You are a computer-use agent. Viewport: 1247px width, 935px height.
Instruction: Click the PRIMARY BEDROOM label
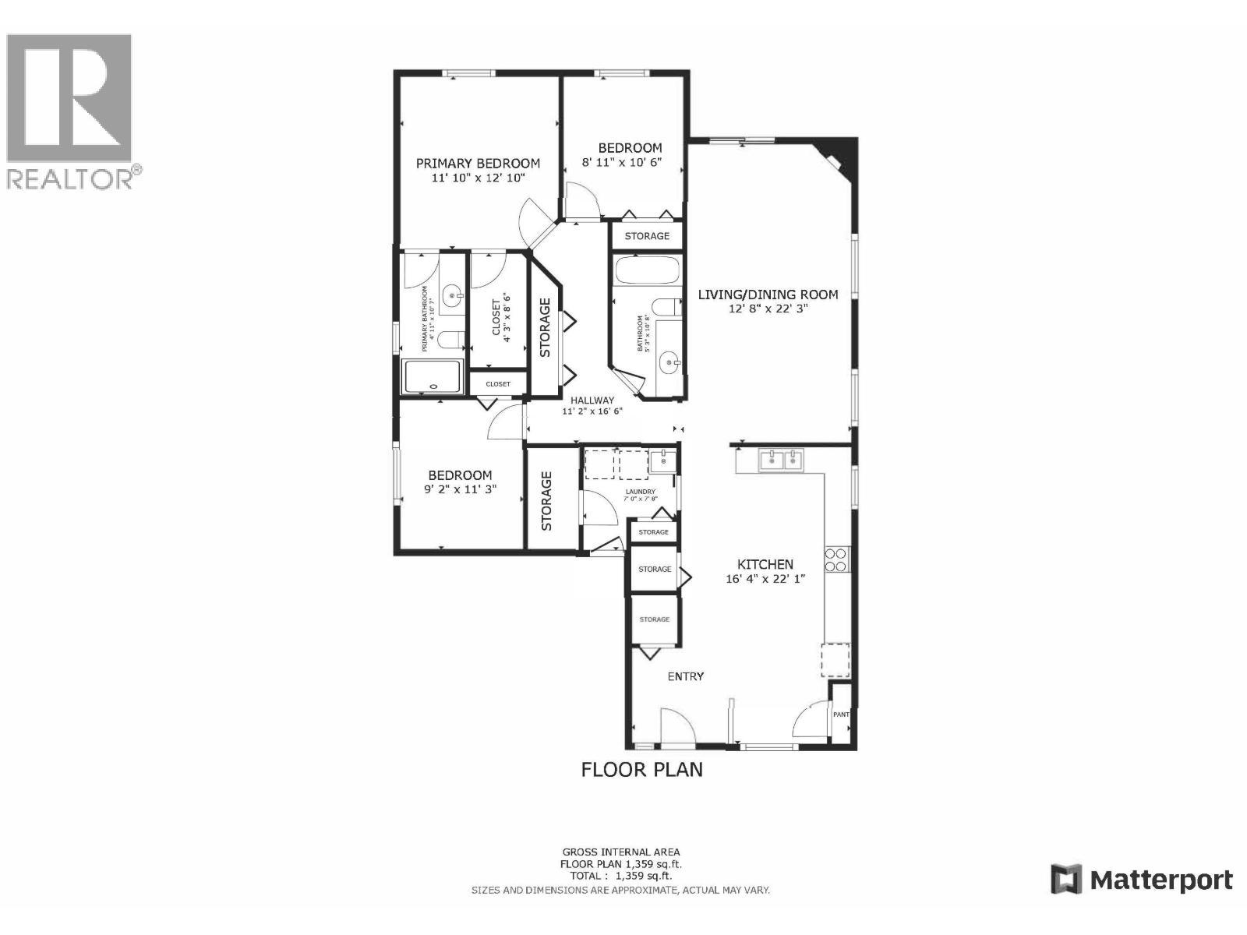(x=477, y=164)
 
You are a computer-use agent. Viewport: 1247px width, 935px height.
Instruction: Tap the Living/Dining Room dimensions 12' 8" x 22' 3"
(x=768, y=309)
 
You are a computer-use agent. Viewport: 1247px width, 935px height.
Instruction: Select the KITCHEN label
(x=765, y=564)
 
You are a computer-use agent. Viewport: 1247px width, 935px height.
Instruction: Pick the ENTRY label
(x=686, y=676)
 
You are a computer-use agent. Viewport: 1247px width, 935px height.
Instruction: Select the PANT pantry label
(x=841, y=714)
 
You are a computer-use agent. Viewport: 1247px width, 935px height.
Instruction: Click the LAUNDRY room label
(x=641, y=492)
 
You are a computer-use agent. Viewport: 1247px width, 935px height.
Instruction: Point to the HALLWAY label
(x=592, y=400)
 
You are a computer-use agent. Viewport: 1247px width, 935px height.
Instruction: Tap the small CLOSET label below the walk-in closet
(x=498, y=384)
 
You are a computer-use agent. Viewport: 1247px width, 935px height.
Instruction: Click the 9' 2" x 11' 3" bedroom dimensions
(x=460, y=489)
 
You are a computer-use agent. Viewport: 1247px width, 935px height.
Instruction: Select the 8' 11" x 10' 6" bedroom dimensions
(x=632, y=163)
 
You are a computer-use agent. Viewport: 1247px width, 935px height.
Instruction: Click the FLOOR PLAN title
(x=642, y=770)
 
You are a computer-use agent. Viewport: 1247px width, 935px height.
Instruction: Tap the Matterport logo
(x=1142, y=880)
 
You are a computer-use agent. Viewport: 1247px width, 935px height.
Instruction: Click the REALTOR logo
(x=72, y=109)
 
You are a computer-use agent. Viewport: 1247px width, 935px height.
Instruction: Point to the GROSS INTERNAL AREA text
(x=621, y=852)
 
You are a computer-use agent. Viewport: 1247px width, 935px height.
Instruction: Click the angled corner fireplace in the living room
(x=838, y=156)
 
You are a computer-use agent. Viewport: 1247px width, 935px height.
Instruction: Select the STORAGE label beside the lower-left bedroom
(x=546, y=500)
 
